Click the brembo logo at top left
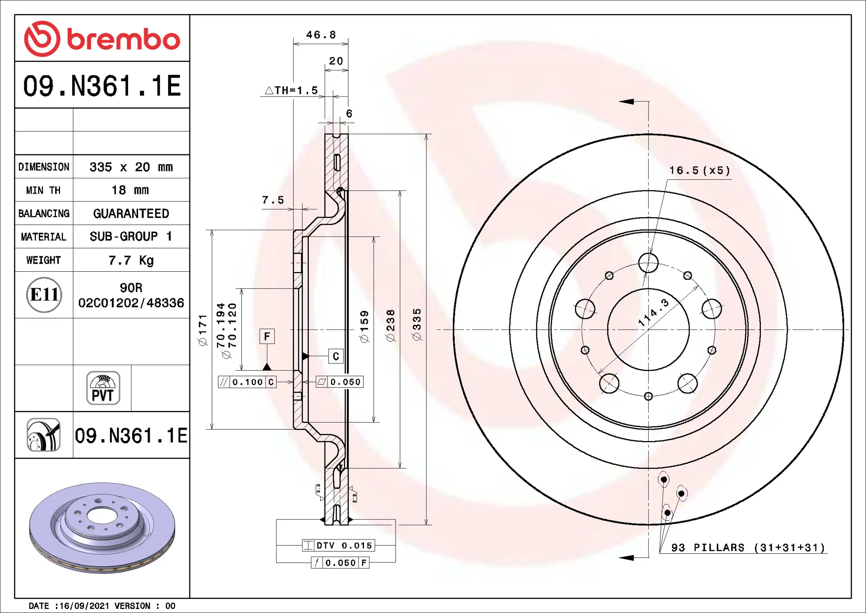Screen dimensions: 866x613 tap(102, 39)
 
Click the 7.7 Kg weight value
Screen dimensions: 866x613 tap(131, 260)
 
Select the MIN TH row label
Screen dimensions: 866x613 tap(43, 190)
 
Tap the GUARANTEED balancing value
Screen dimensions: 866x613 tap(131, 214)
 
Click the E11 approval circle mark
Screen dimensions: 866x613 tap(44, 295)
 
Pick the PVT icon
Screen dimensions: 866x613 tap(103, 388)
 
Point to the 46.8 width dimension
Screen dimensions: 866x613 tap(321, 35)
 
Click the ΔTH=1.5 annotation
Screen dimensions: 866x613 tap(291, 90)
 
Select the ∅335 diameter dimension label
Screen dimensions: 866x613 tap(417, 325)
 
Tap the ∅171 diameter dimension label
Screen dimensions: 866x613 tap(203, 330)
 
